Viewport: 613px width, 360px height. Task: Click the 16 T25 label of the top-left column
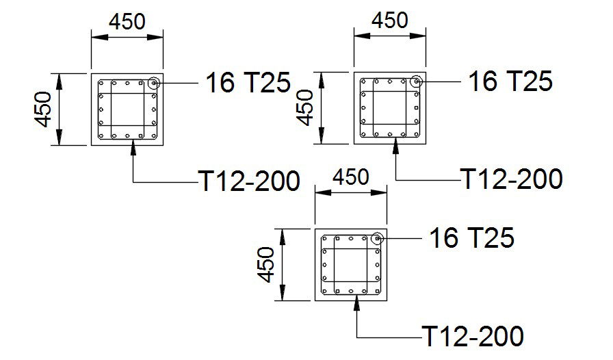point(248,83)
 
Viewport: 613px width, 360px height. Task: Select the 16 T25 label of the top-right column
point(510,81)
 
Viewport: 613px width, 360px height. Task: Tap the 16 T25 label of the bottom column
point(471,238)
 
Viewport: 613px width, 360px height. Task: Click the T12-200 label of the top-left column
point(249,181)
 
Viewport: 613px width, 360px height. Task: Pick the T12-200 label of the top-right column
point(512,179)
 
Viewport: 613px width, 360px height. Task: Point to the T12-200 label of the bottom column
point(473,336)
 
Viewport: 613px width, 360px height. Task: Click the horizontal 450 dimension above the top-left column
point(127,21)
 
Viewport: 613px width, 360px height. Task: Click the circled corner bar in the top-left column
point(154,83)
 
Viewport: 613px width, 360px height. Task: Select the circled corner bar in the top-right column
point(416,81)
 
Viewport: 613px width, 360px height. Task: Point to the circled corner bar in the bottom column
point(377,239)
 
